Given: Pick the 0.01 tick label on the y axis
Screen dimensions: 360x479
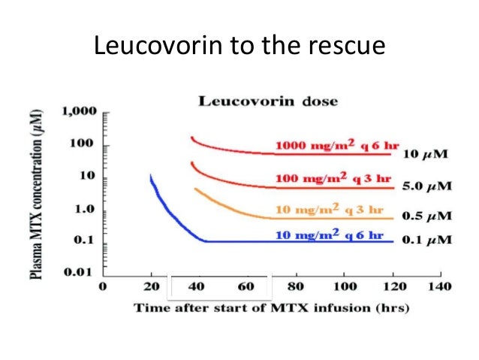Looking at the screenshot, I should pyautogui.click(x=78, y=271).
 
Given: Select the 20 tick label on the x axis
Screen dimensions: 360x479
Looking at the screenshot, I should pyautogui.click(x=152, y=286).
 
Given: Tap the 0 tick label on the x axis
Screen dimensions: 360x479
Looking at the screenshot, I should pyautogui.click(x=104, y=286).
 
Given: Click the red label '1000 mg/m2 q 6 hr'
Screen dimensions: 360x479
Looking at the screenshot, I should pyautogui.click(x=338, y=145).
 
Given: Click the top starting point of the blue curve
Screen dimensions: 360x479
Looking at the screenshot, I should pyautogui.click(x=151, y=176).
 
